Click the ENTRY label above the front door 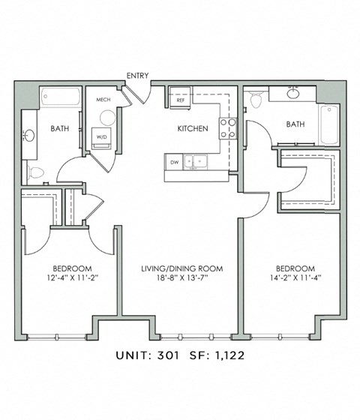click(x=137, y=76)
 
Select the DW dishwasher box click(x=174, y=162)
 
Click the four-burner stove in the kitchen click(x=228, y=128)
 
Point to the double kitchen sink click(x=195, y=162)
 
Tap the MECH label click(x=103, y=100)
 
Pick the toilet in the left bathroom click(x=36, y=172)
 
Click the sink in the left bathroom click(x=29, y=135)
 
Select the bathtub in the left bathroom click(x=61, y=96)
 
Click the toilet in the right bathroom click(x=255, y=99)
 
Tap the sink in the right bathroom click(x=292, y=93)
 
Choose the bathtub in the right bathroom click(x=329, y=124)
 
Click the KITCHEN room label click(x=193, y=128)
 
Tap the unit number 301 click(x=168, y=355)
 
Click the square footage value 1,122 click(x=229, y=355)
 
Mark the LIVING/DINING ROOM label click(x=182, y=268)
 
